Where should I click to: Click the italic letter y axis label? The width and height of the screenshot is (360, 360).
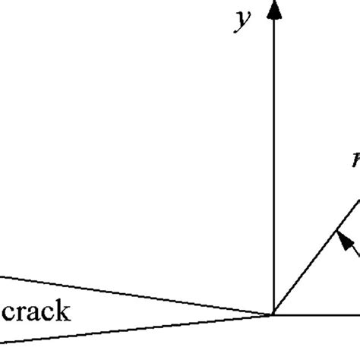242,21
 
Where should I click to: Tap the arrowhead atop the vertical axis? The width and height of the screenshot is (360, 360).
274,9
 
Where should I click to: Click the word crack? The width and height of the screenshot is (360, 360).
36,311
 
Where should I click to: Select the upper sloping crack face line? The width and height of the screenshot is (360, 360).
137,295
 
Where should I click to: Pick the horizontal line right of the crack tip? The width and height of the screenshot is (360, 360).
319,314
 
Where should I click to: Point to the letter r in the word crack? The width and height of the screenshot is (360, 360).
21,313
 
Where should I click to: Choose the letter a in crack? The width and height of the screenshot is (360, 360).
34,313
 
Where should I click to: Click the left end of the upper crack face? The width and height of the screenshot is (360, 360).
2,277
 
